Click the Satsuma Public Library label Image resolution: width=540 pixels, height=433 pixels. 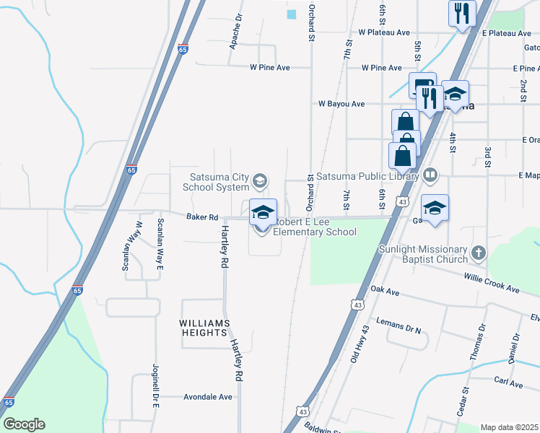[367, 175]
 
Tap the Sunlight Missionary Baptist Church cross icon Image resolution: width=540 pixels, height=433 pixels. [477, 253]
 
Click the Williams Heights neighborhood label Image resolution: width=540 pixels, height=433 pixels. [205, 328]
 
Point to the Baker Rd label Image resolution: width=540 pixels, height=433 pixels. [202, 216]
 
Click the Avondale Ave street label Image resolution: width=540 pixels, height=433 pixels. [208, 397]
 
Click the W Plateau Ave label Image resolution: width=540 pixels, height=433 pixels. [384, 32]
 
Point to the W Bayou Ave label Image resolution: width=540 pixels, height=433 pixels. [341, 104]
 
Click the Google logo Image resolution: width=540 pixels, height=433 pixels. [24, 424]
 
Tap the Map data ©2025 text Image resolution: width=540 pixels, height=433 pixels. [509, 427]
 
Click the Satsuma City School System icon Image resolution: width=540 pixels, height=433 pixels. [261, 180]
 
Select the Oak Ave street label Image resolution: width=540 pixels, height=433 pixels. [384, 289]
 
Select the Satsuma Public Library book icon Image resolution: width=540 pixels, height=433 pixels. [430, 175]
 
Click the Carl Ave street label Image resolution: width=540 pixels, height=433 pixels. [508, 383]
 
